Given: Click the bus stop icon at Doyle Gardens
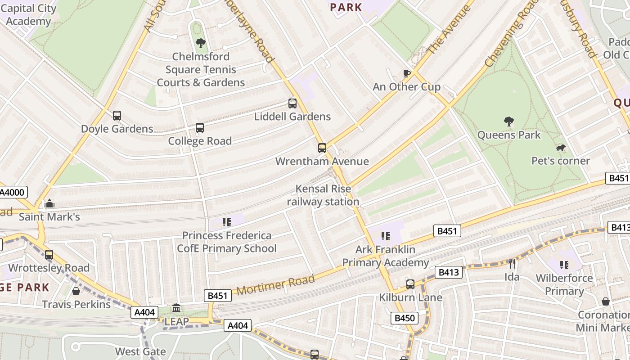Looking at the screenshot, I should point(117,116).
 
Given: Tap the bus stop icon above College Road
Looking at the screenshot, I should point(200,128).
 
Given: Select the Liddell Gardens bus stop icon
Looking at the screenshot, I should point(292,103).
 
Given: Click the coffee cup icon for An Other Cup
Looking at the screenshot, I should point(406,73).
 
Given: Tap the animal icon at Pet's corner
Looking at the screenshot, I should point(560,148).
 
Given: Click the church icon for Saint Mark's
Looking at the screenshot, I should point(49,204).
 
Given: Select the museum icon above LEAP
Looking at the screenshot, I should point(176,308).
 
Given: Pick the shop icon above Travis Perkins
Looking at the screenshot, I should point(76,291).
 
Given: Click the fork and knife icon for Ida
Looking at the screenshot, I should point(512,264).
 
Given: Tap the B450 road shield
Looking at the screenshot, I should point(404,318).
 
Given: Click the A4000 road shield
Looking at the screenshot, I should point(13,193).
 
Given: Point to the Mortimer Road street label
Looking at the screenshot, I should point(275,285).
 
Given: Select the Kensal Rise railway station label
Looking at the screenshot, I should point(323,195).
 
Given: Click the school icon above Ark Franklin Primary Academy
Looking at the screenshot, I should point(385,236).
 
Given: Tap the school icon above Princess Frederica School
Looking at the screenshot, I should point(227,222).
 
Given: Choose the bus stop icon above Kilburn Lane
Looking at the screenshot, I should point(410,284).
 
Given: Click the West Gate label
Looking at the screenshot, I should point(140,351).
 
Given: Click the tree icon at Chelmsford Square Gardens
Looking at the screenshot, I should point(201,43).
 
